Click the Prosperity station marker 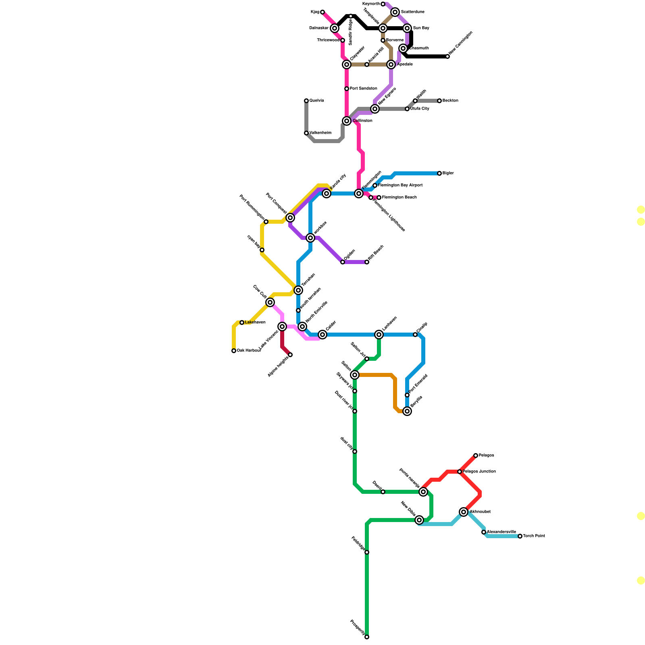pos(367,637)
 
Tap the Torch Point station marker pos(520,536)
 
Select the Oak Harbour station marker pos(234,351)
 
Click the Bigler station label pos(448,173)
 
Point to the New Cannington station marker pos(447,56)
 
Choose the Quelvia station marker pos(306,101)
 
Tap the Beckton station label pos(450,101)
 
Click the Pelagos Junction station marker pos(460,472)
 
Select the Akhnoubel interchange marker pos(464,512)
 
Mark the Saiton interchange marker pos(355,375)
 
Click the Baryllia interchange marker pos(407,411)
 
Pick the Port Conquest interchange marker pos(290,218)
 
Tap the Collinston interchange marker pos(347,121)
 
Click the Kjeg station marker pos(322,12)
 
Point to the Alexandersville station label pos(501,532)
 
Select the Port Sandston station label pos(364,89)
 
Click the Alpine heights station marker pos(290,355)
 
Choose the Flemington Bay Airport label pos(400,185)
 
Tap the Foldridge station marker pos(367,552)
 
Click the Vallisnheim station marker pos(306,133)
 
